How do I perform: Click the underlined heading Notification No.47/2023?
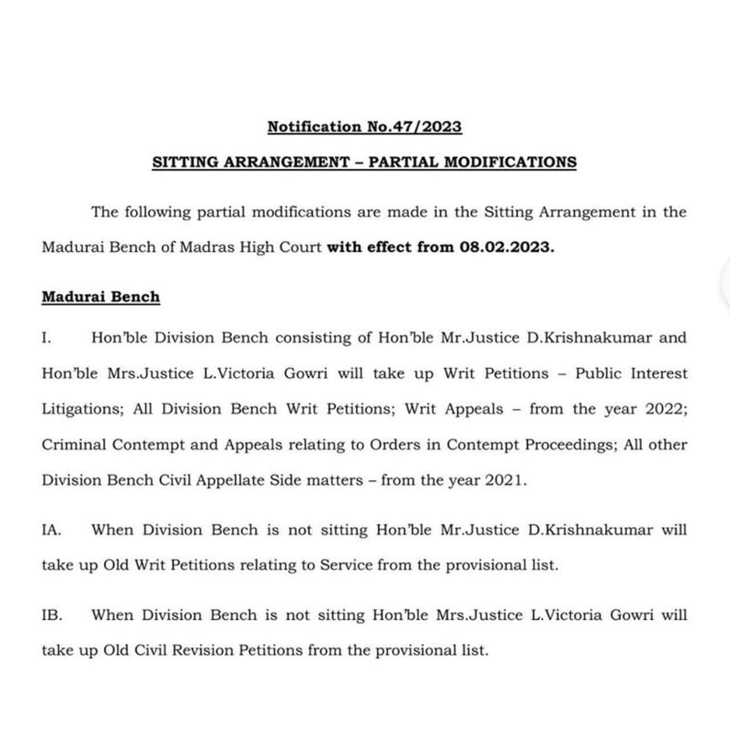pos(364,127)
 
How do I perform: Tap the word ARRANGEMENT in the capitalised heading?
pos(286,162)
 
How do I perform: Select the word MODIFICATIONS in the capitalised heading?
pos(510,162)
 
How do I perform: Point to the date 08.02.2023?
pos(506,248)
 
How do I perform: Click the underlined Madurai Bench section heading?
pos(100,297)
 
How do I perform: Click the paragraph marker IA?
pos(51,530)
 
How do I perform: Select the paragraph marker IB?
pos(51,615)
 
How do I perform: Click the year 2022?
pos(666,409)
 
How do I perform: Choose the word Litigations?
pos(82,409)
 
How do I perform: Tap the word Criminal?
pos(74,445)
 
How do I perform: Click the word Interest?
pos(659,374)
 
